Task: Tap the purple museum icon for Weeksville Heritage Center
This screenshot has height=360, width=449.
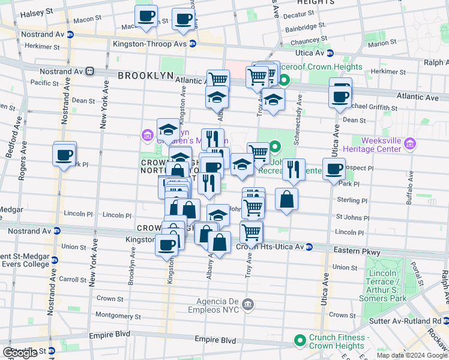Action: (x=411, y=143)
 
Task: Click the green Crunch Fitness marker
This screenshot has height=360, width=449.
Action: (x=300, y=341)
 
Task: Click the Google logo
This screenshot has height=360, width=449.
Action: (x=20, y=353)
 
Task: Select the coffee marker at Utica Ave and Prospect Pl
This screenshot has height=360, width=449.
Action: (x=334, y=169)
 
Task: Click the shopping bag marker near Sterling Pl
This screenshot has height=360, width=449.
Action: (x=287, y=199)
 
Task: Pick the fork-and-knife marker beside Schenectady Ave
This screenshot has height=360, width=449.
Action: (x=294, y=170)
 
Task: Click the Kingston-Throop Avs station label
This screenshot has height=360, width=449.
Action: (x=150, y=44)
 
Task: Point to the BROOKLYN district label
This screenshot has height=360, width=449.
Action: (x=145, y=76)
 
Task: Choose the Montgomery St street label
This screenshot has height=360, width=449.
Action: (x=118, y=316)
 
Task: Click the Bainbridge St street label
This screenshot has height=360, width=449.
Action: (x=306, y=26)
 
